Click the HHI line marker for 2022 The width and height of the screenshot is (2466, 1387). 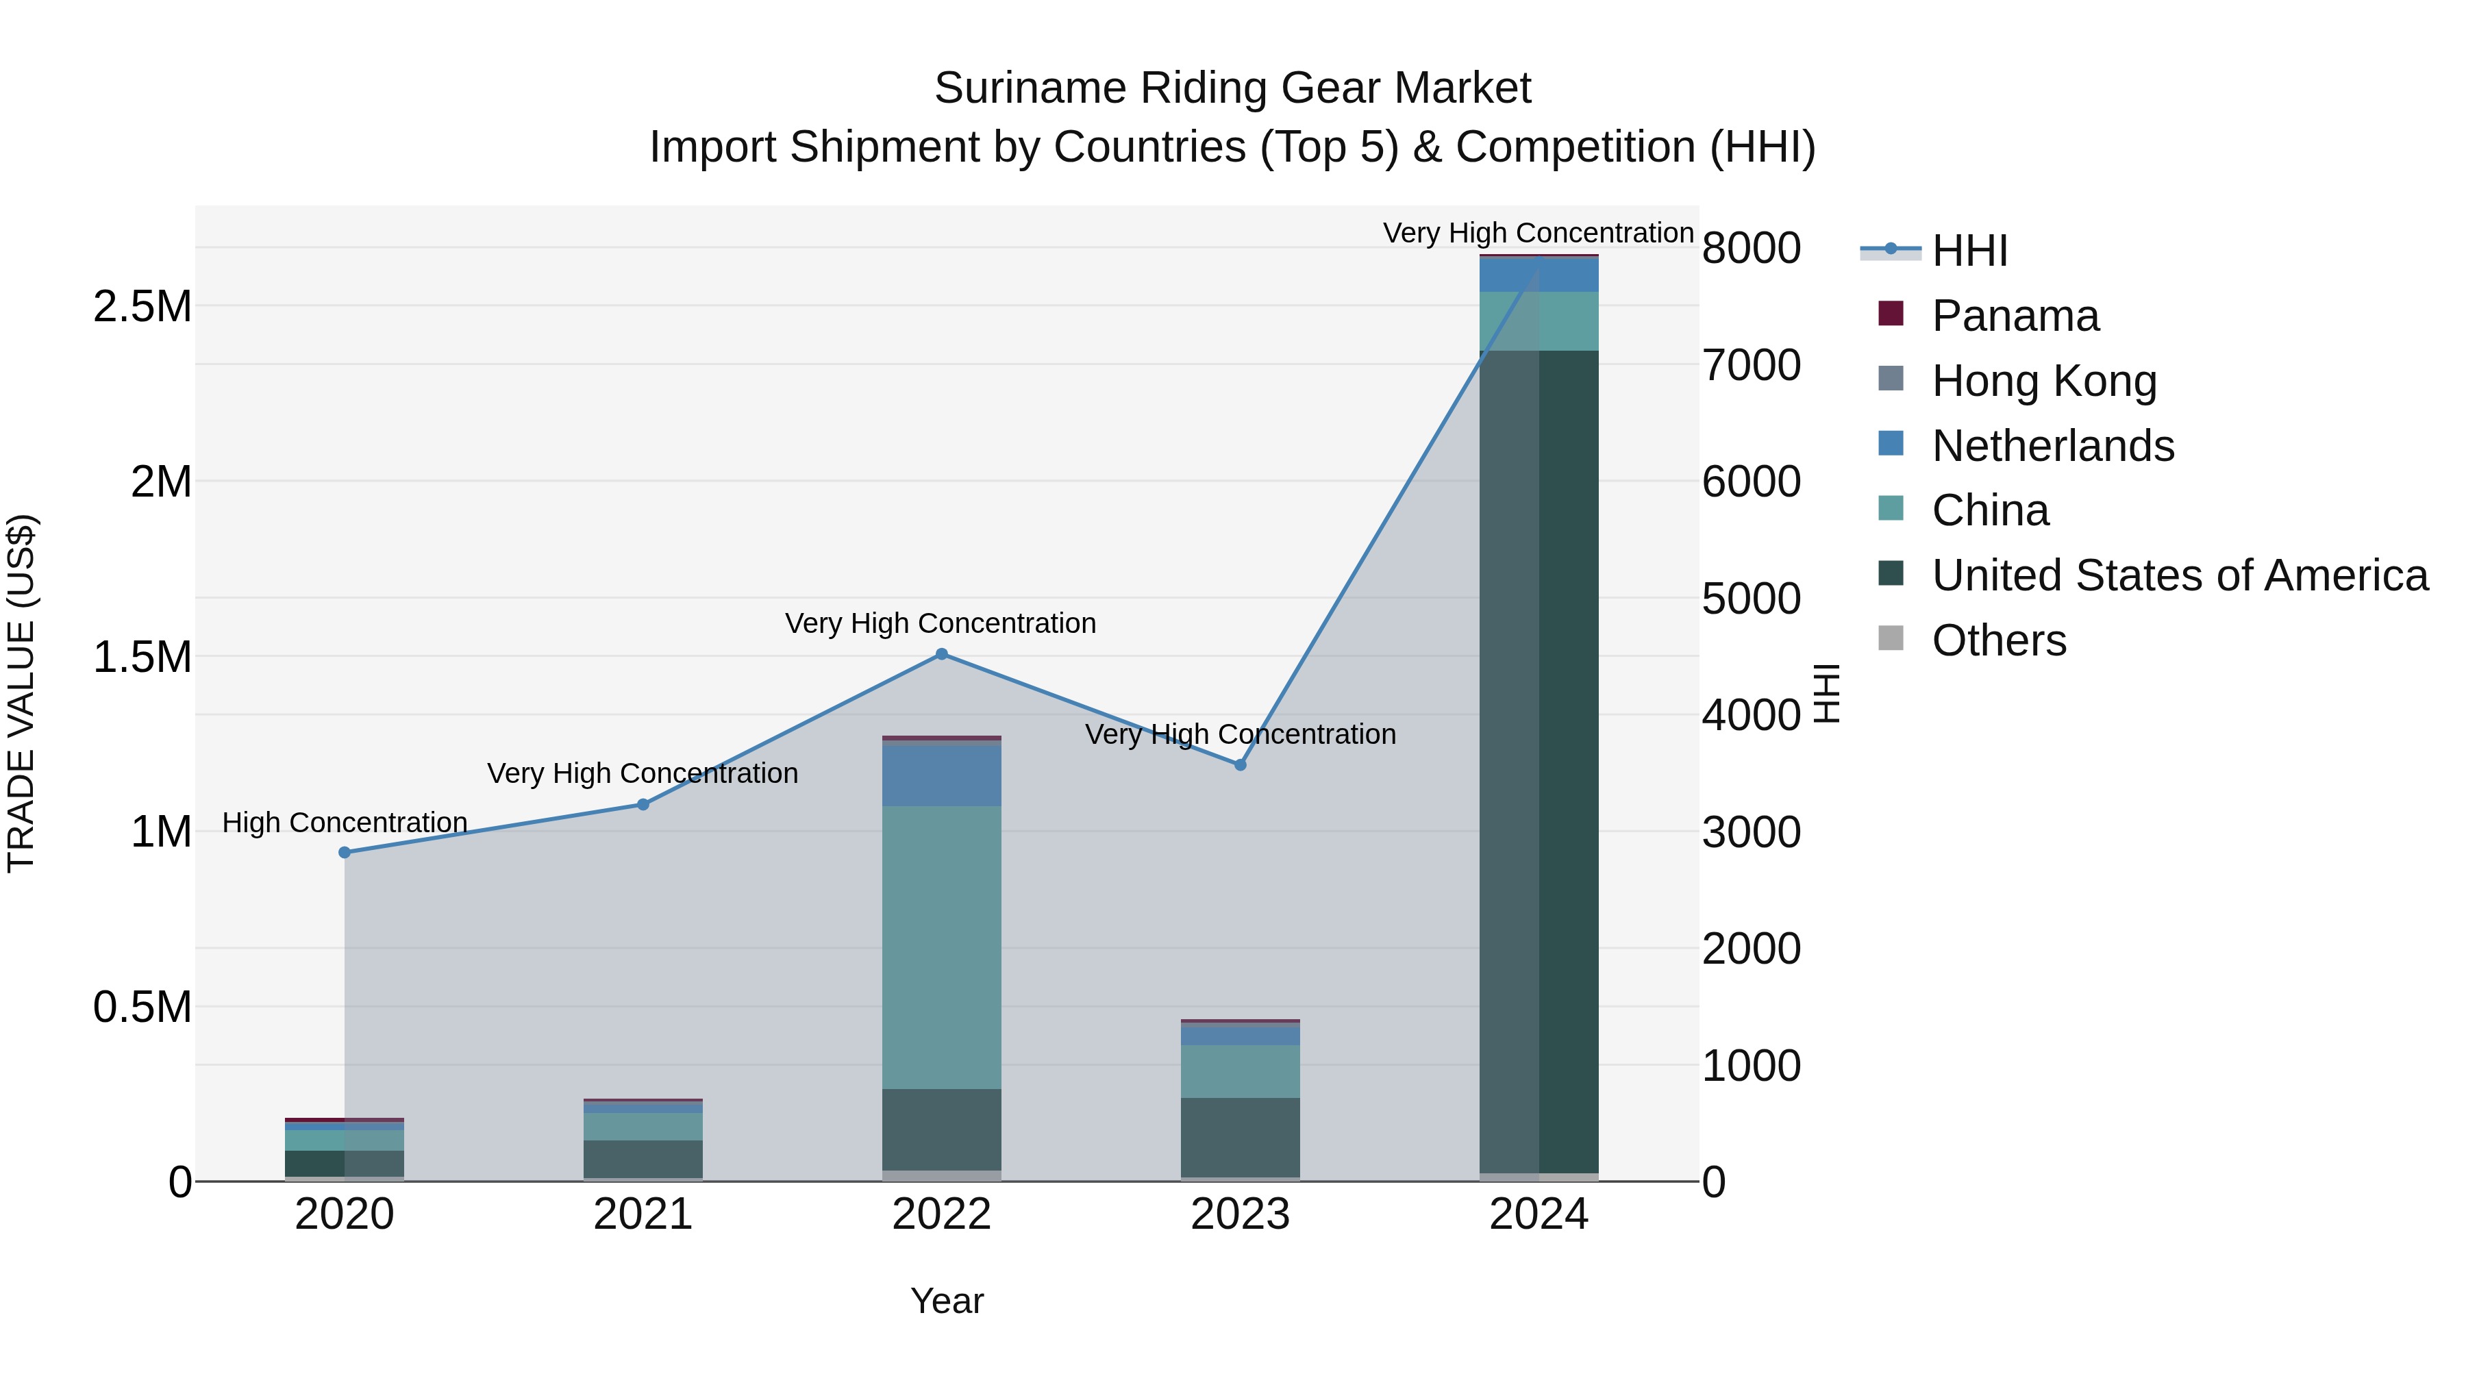tap(941, 654)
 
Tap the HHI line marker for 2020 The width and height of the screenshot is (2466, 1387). tap(345, 852)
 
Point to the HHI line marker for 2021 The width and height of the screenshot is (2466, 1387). tap(643, 805)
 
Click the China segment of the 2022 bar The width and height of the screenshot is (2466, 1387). tap(941, 948)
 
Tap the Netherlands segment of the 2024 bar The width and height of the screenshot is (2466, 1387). tap(1539, 275)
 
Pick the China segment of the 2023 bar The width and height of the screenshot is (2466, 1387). tap(1240, 1071)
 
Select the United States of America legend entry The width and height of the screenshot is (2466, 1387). tap(2179, 575)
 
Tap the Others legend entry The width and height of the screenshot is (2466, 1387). tap(1998, 640)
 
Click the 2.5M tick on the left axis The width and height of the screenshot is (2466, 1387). tap(142, 308)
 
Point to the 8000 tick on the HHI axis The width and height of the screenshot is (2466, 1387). tap(1751, 248)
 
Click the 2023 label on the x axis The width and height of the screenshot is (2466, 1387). tap(1240, 1214)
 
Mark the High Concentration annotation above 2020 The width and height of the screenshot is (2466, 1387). tap(345, 822)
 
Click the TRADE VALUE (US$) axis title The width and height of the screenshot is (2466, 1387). tap(22, 693)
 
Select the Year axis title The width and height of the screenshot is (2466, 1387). tap(947, 1301)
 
